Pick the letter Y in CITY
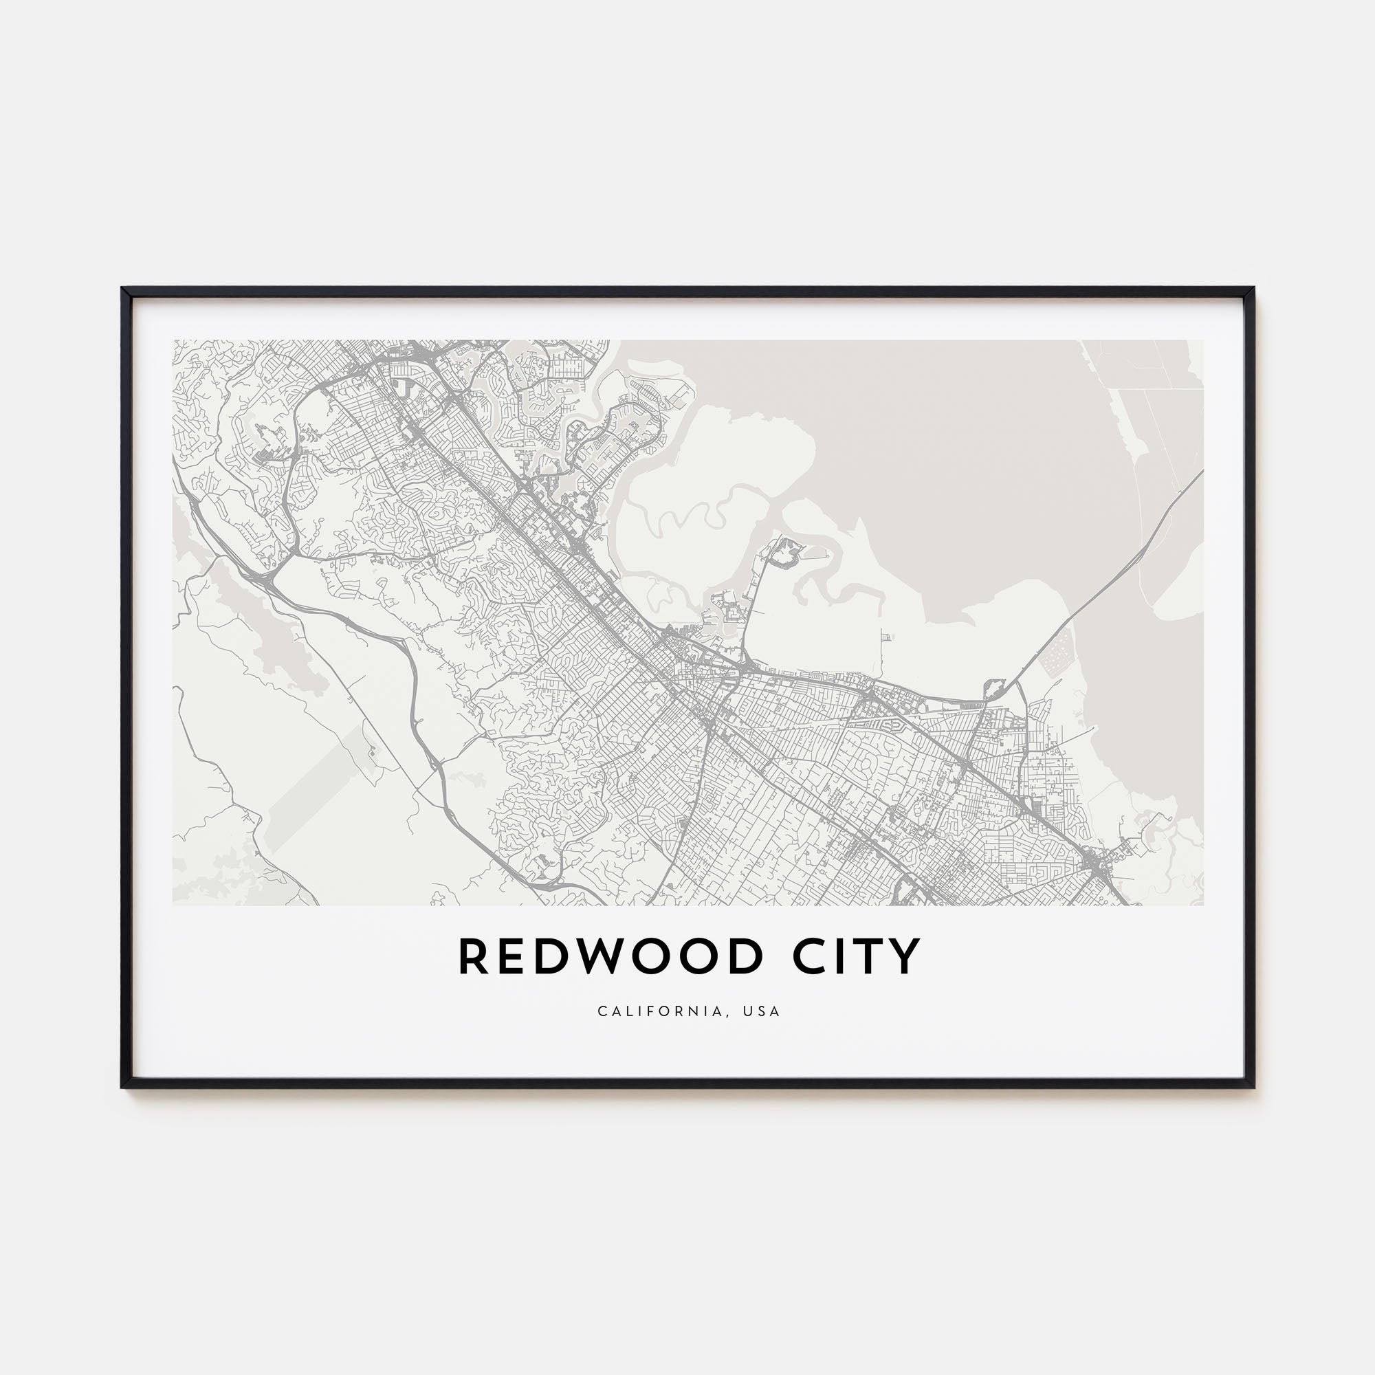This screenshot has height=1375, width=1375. pyautogui.click(x=906, y=957)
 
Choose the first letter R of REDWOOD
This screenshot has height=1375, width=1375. pyautogui.click(x=473, y=957)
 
